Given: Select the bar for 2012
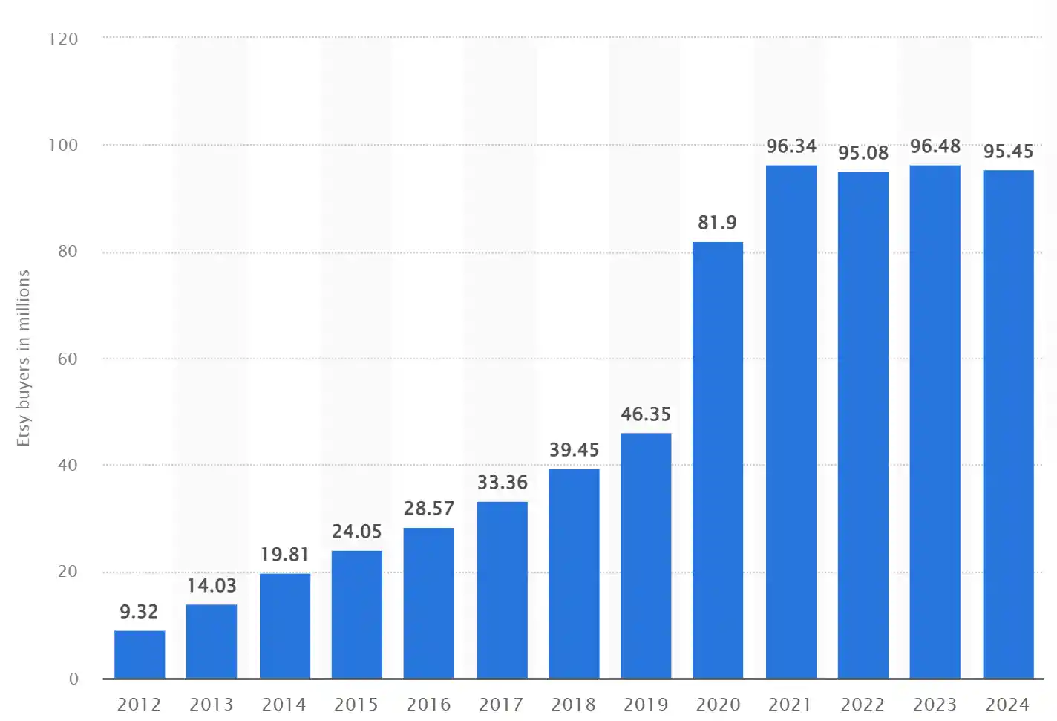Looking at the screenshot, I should (x=140, y=654).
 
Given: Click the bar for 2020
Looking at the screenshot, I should (x=718, y=460).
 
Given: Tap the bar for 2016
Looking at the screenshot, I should (x=428, y=603).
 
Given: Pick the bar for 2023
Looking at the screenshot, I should (x=935, y=422).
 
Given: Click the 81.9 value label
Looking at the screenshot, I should (x=717, y=223).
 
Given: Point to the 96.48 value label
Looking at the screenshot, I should (x=935, y=146).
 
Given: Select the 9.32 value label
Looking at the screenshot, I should (x=139, y=612).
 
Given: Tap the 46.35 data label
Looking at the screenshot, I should (x=646, y=414).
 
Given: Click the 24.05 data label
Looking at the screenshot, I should (x=356, y=532).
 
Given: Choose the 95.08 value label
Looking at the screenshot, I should (x=863, y=153).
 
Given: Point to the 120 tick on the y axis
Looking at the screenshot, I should (x=63, y=39).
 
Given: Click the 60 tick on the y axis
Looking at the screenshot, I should (x=68, y=359).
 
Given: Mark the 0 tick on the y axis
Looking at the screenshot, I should (x=73, y=679).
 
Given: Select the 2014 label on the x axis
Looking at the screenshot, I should (x=284, y=704).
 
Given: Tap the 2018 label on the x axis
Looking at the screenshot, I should (x=573, y=704).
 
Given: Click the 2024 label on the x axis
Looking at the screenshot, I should (x=1007, y=704).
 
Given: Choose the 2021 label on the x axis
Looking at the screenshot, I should (x=790, y=704).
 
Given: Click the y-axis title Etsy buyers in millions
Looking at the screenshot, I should (x=24, y=358).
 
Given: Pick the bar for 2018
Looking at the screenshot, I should (x=574, y=573).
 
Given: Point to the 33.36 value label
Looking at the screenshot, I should (x=503, y=483).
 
